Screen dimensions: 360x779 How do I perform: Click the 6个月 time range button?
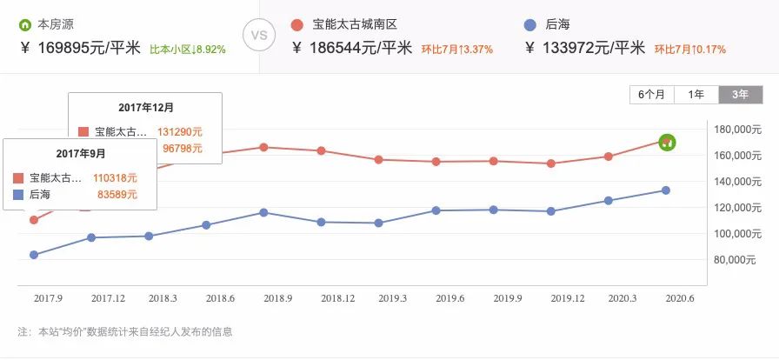click(651, 95)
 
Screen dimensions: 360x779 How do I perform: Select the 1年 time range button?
click(696, 95)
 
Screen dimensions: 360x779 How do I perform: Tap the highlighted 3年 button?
click(740, 95)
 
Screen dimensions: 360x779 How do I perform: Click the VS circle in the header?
click(258, 37)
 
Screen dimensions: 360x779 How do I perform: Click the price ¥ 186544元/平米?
click(355, 49)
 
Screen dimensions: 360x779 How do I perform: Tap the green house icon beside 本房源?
click(25, 23)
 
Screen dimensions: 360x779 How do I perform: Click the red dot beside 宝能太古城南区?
click(297, 23)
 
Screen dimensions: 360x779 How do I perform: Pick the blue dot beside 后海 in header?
click(531, 23)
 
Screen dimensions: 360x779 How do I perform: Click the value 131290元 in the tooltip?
click(180, 131)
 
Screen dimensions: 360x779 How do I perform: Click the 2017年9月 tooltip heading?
click(81, 154)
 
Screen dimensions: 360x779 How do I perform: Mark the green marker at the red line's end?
click(667, 142)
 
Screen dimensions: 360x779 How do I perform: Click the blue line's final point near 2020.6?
click(666, 190)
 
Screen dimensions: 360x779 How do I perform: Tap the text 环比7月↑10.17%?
click(689, 50)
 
